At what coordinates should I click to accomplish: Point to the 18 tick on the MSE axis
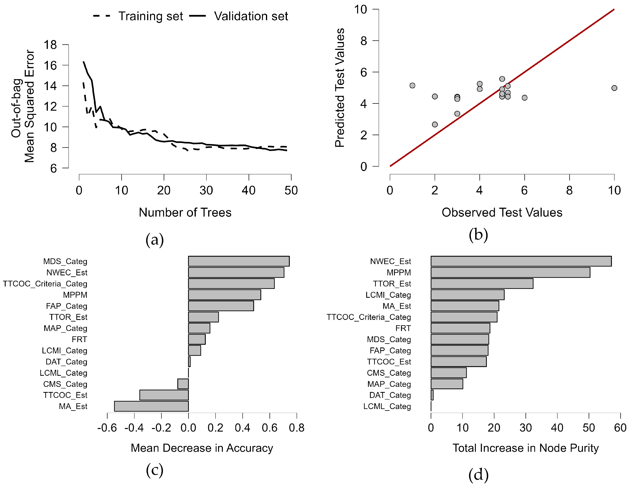tap(50, 45)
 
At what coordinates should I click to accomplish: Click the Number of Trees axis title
tap(185, 213)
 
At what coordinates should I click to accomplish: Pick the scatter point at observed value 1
tap(412, 86)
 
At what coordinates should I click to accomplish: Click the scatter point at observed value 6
tap(524, 98)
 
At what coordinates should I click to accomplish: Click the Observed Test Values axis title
tap(502, 213)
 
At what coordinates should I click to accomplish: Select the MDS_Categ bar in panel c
tap(238, 261)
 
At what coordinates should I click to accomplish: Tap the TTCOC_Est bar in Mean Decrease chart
tap(164, 395)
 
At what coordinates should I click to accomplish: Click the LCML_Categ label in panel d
tap(387, 406)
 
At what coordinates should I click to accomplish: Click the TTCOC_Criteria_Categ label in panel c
tap(45, 284)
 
